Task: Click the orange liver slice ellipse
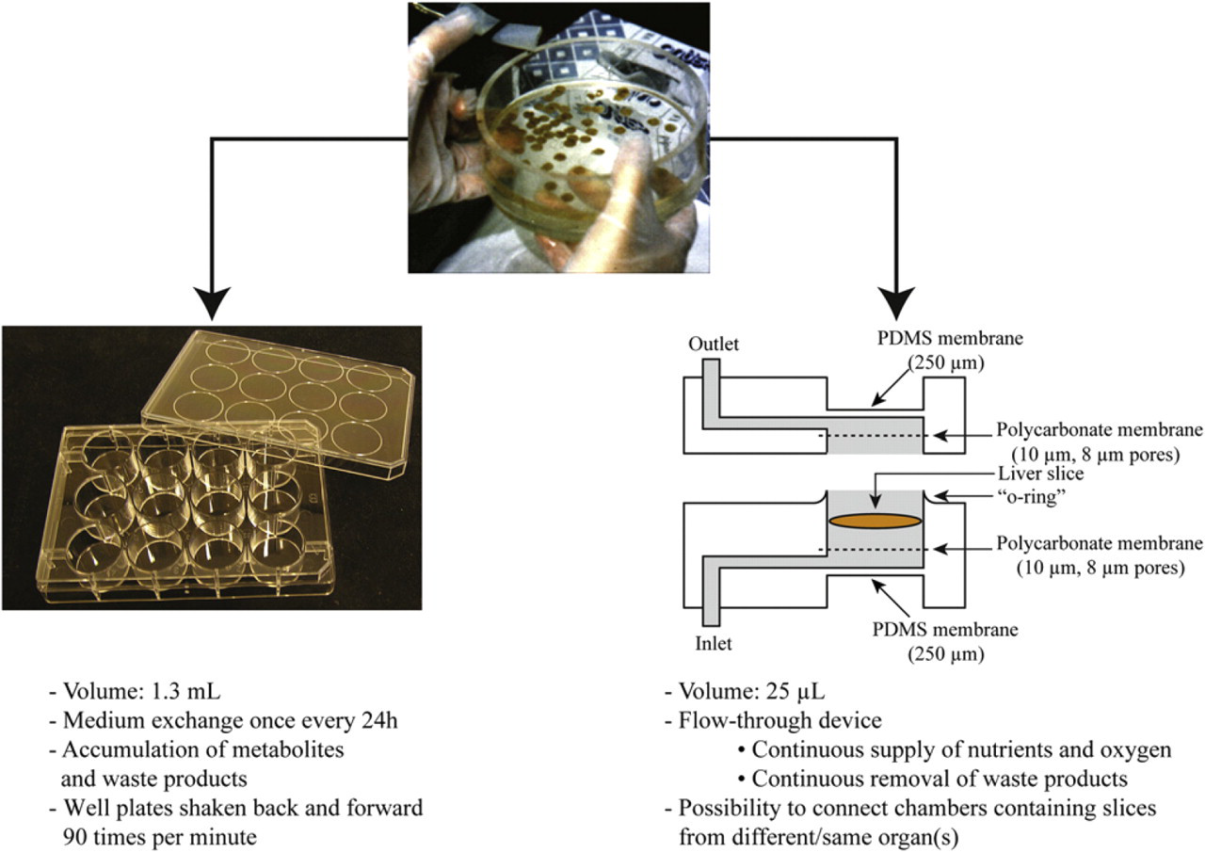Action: pyautogui.click(x=875, y=522)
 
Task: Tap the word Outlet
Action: pyautogui.click(x=714, y=345)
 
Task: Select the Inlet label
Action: pyautogui.click(x=714, y=643)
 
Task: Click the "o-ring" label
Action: pyautogui.click(x=1031, y=497)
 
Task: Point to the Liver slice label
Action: pyautogui.click(x=1041, y=474)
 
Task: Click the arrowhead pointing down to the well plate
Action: pyautogui.click(x=213, y=303)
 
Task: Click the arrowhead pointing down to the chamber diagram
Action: pyautogui.click(x=896, y=303)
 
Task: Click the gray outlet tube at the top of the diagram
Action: pyautogui.click(x=711, y=394)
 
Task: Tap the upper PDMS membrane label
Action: pyautogui.click(x=950, y=350)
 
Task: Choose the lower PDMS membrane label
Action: pyautogui.click(x=945, y=642)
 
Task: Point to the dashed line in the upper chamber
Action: pyautogui.click(x=872, y=435)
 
